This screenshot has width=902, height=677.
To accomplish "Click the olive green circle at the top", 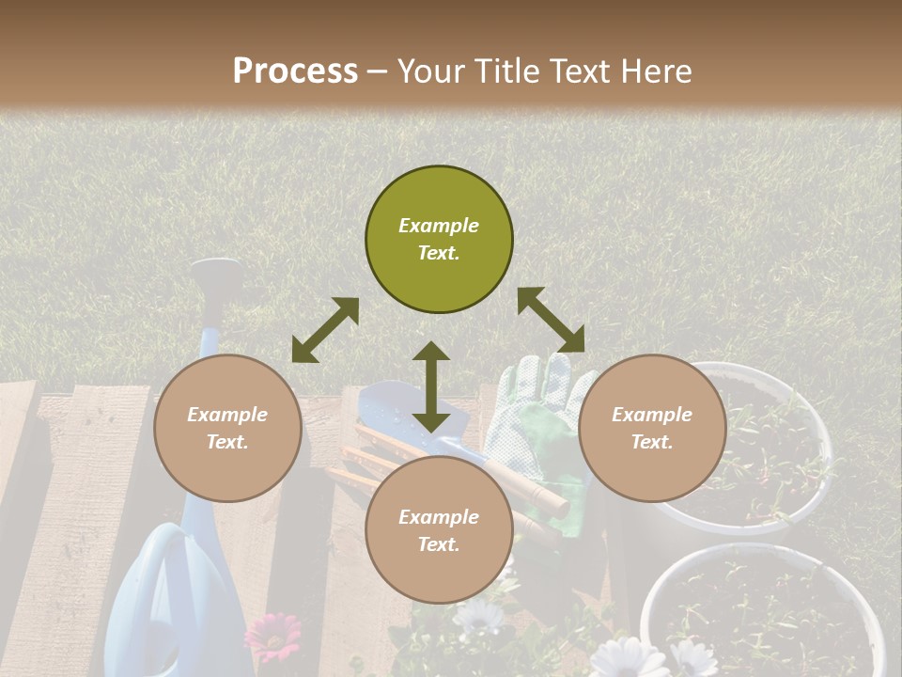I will tap(439, 240).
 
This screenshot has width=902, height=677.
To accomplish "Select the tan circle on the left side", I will tap(227, 428).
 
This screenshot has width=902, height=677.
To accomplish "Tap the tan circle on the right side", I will tap(652, 428).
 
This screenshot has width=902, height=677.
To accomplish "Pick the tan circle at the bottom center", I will tap(439, 530).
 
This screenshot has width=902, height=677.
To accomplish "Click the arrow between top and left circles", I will tap(325, 330).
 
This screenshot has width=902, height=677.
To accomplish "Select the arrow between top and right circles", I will tap(551, 320).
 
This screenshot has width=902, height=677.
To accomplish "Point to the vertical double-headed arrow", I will tap(431, 386).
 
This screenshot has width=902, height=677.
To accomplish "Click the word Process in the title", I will tap(295, 71).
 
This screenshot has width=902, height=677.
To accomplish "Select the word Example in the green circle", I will tap(439, 226).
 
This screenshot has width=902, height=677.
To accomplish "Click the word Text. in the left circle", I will tap(227, 442).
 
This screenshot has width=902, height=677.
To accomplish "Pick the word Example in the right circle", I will tap(652, 415).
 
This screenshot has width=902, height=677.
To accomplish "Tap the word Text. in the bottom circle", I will tap(439, 544).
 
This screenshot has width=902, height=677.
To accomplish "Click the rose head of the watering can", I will tap(215, 274).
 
